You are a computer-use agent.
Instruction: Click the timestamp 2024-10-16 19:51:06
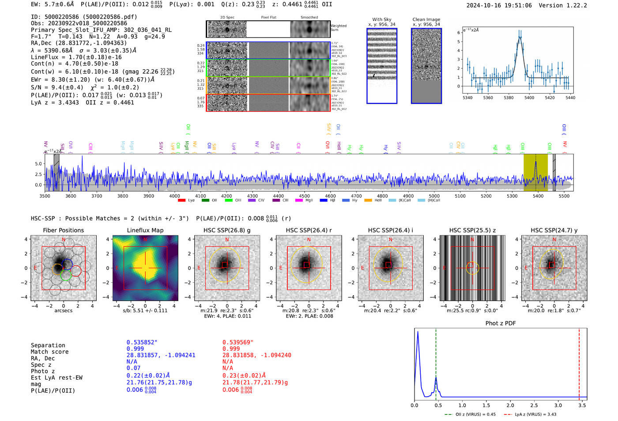pyautogui.click(x=499, y=5)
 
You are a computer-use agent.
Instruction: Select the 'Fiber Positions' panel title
pyautogui.click(x=63, y=230)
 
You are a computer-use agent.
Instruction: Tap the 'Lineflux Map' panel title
pyautogui.click(x=145, y=230)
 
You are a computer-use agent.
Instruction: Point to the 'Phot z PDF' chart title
pyautogui.click(x=501, y=323)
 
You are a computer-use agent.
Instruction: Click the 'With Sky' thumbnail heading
pyautogui.click(x=382, y=19)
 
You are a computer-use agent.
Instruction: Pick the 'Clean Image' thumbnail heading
pyautogui.click(x=426, y=19)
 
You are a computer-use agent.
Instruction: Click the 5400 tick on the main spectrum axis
pyautogui.click(x=538, y=196)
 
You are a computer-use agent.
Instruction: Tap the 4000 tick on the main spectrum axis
pyautogui.click(x=174, y=196)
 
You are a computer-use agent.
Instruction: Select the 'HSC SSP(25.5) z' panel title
pyautogui.click(x=472, y=230)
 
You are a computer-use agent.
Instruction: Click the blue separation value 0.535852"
pyautogui.click(x=142, y=342)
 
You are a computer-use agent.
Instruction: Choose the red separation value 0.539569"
pyautogui.click(x=238, y=342)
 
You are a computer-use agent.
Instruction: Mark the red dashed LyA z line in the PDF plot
pyautogui.click(x=579, y=362)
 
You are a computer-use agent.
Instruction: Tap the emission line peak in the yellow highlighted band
pyautogui.click(x=536, y=162)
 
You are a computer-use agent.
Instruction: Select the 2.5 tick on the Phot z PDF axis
pyautogui.click(x=534, y=405)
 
